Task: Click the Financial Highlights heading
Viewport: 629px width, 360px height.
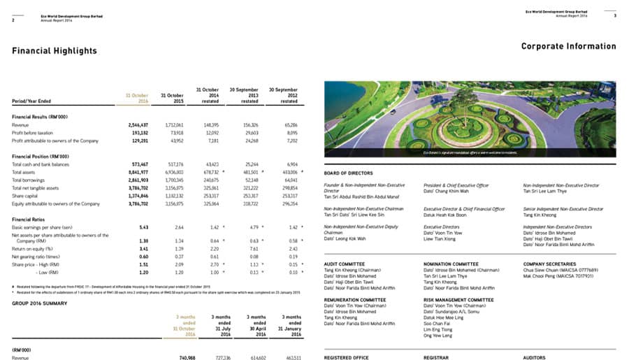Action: (55, 51)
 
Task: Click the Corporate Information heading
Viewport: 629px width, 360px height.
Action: (569, 47)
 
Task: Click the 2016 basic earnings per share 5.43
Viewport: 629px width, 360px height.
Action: (144, 227)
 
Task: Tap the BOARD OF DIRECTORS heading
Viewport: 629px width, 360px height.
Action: (349, 173)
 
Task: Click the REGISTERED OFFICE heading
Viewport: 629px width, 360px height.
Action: (347, 357)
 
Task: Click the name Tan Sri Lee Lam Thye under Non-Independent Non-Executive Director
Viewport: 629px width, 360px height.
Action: (546, 189)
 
